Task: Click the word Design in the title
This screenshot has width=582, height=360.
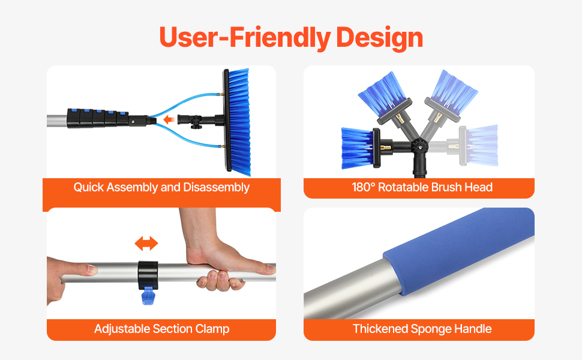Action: [x=379, y=37]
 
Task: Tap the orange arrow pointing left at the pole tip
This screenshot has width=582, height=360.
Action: [x=169, y=119]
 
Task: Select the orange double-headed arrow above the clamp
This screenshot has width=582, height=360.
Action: [x=146, y=244]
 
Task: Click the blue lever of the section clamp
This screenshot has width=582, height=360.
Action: [x=148, y=296]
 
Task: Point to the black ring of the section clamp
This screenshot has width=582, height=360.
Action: [x=148, y=275]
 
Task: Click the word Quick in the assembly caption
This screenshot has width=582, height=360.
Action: [x=88, y=187]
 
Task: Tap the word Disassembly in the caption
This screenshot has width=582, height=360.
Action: [x=217, y=187]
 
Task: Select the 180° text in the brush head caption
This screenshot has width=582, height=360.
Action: [x=363, y=187]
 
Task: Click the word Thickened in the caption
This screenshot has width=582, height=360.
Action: [x=380, y=328]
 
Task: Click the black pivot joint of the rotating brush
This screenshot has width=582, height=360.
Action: [x=420, y=145]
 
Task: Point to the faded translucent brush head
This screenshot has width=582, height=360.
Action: [x=479, y=145]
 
